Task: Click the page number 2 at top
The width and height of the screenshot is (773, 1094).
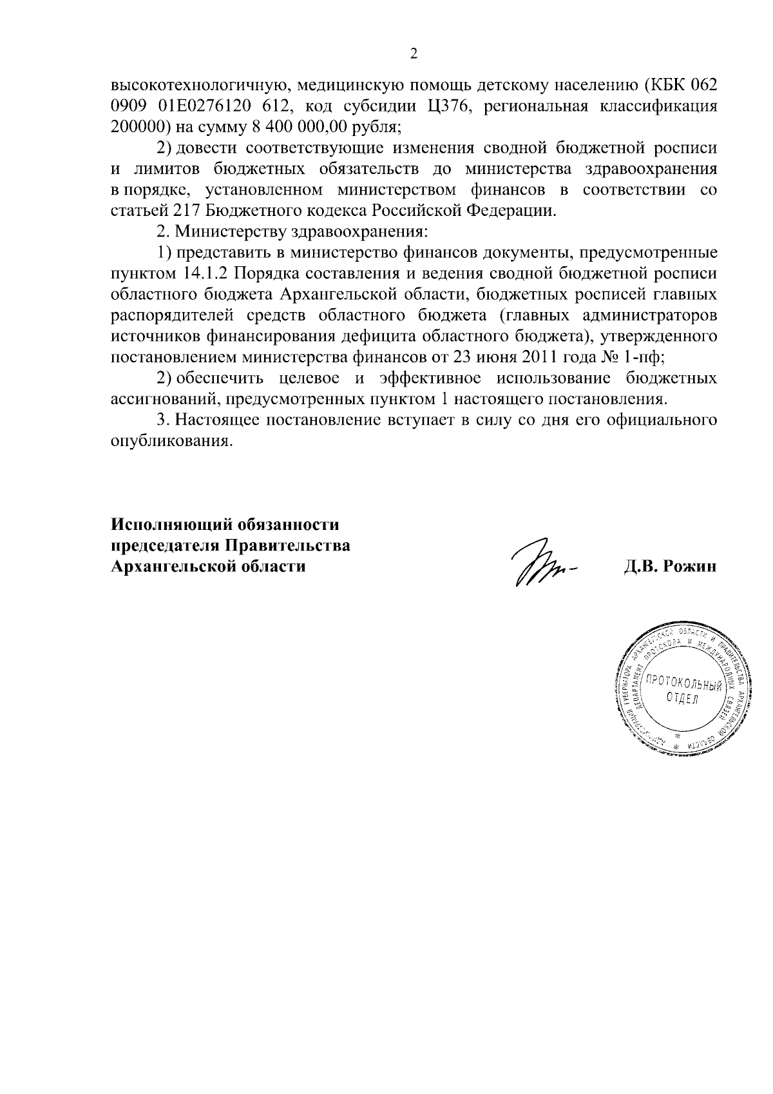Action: [x=414, y=54]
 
